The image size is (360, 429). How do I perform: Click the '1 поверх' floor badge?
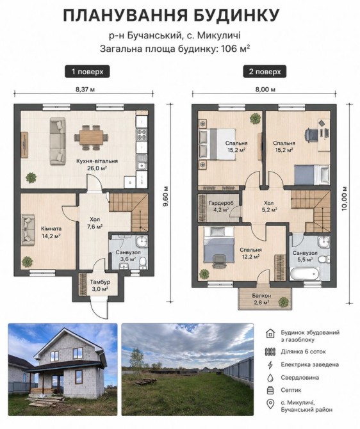(87, 72)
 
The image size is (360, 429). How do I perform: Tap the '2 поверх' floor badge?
(265, 72)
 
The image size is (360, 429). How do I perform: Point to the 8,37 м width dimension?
(85, 89)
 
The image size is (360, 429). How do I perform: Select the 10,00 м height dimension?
(345, 198)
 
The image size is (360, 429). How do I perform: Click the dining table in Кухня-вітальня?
(92, 137)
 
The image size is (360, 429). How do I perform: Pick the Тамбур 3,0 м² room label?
(100, 285)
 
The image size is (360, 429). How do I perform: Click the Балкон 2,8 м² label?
(261, 299)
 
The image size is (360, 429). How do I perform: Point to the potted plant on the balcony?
(283, 302)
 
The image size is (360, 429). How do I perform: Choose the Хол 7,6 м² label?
(95, 223)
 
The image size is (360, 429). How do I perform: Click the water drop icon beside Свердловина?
(270, 378)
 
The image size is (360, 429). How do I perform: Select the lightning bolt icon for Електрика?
(270, 365)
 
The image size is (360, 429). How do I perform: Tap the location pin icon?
(270, 404)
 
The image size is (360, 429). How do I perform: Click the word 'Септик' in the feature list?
(291, 390)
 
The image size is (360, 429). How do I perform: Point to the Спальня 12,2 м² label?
(250, 253)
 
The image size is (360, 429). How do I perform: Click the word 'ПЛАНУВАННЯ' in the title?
(122, 15)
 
